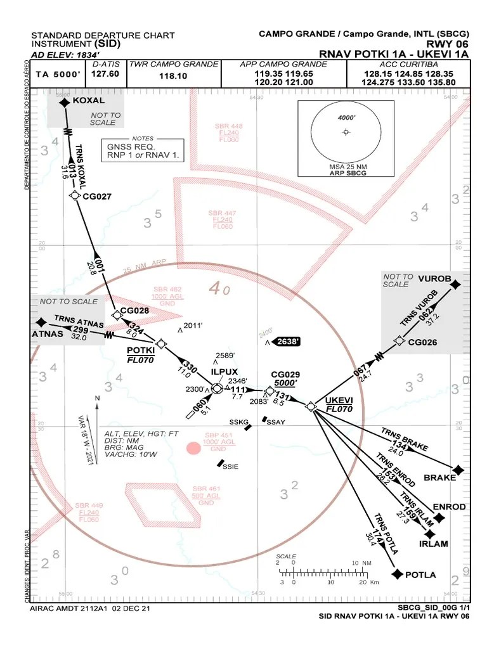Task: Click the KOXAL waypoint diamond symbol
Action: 64,103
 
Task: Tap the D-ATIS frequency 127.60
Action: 105,74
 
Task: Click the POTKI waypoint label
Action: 141,350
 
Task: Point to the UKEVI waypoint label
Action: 338,401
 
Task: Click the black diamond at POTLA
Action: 398,574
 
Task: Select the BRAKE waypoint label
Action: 439,477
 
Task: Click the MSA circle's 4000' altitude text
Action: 346,118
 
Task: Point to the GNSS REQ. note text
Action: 131,146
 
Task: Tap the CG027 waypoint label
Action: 97,196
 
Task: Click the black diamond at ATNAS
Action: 41,322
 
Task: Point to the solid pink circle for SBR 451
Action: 193,449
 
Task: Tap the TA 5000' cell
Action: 58,74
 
